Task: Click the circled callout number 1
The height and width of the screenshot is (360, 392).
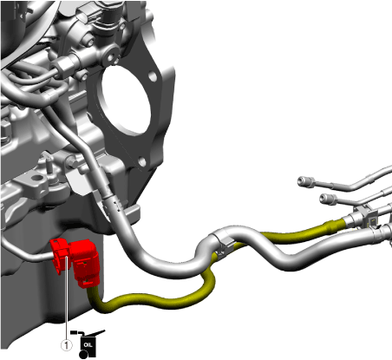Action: coord(66,345)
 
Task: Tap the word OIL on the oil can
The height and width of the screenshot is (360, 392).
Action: coord(88,344)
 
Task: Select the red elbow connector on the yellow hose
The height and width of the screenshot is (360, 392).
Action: coord(86,263)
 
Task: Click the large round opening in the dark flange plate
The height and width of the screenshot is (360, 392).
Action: coord(126,101)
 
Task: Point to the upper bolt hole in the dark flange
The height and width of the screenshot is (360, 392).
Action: coord(153,76)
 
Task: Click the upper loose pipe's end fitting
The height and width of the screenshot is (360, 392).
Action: coord(306,182)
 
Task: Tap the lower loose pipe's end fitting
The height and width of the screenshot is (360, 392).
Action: coord(329,200)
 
